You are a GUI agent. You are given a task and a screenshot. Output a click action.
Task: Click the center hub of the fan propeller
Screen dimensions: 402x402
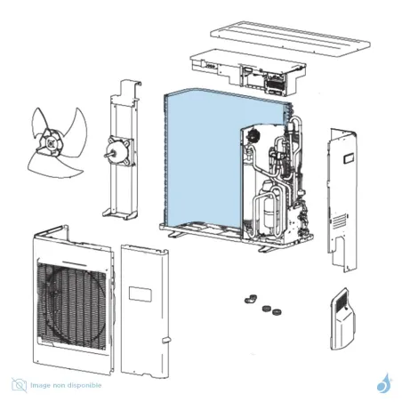(51, 143)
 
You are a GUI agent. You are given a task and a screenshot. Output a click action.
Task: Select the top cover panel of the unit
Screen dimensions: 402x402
(291, 38)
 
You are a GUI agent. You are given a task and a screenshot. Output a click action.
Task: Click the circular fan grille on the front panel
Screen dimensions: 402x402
(74, 305)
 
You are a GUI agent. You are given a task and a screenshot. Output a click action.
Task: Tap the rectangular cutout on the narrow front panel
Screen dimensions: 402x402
(141, 294)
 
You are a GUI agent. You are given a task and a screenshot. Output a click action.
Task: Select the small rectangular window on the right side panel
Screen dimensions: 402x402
(349, 158)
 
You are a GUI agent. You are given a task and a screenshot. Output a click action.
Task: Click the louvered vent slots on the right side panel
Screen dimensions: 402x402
(339, 221)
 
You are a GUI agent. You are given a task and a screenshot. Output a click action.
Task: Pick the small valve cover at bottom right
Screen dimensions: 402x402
(342, 318)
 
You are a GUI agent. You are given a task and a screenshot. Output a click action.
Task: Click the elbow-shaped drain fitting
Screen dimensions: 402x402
(251, 299)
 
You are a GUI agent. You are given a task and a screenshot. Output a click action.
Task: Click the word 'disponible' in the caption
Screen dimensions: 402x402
(84, 385)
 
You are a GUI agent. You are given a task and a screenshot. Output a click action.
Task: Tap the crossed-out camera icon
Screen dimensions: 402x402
(20, 385)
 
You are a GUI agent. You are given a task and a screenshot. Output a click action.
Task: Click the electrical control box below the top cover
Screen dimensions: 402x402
(248, 72)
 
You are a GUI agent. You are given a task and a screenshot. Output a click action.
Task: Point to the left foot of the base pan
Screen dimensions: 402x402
(175, 235)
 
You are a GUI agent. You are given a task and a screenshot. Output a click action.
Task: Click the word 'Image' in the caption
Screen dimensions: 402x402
(40, 385)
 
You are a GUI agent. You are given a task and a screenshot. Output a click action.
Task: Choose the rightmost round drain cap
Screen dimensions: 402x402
(277, 312)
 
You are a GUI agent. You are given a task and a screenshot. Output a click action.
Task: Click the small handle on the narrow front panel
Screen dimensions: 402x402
(165, 341)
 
